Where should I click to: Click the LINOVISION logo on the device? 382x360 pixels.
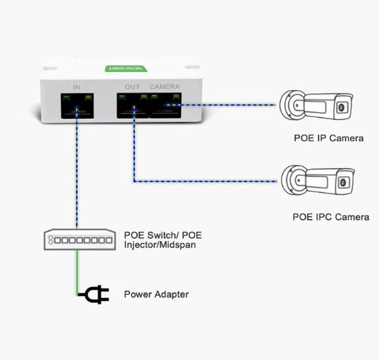(126, 68)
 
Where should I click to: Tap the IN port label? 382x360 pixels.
(76, 87)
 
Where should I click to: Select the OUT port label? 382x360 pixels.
(132, 87)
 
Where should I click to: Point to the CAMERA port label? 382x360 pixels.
(165, 87)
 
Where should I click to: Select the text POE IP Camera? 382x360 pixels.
(329, 138)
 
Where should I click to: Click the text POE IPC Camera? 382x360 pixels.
(330, 217)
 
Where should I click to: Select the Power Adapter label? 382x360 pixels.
(156, 295)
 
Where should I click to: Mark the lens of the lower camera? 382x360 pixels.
(342, 182)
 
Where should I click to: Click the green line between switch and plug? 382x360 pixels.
(76, 272)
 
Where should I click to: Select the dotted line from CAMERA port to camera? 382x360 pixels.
(224, 104)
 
